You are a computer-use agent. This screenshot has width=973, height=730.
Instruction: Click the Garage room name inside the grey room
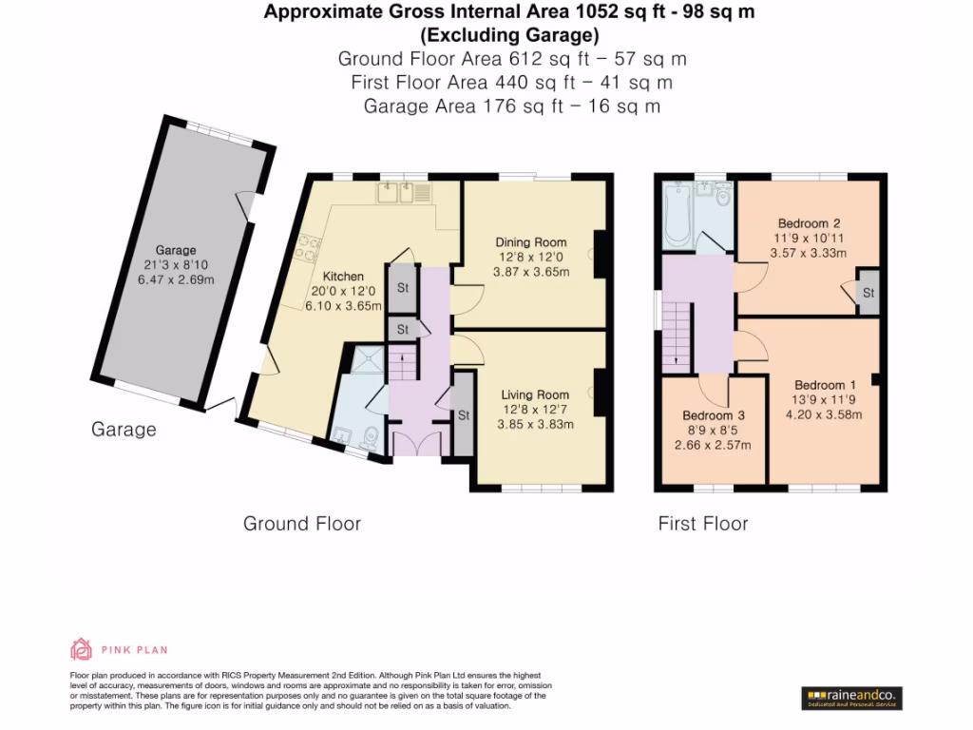point(177,250)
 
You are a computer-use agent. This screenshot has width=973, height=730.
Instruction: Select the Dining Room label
point(530,242)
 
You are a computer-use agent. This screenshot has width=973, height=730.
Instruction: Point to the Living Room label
point(535,394)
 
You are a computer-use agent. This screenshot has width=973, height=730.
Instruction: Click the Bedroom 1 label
point(825,385)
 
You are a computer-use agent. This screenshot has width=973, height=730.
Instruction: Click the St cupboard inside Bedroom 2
point(868,294)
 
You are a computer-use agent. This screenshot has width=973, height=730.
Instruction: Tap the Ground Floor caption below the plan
point(302,524)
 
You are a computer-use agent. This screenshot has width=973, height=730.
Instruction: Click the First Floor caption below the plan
point(703,524)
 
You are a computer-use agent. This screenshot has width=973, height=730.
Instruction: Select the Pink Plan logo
point(119,650)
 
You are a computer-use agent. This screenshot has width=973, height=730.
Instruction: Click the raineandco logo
point(851,697)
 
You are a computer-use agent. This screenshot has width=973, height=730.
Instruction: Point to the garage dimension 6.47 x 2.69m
point(177,279)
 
